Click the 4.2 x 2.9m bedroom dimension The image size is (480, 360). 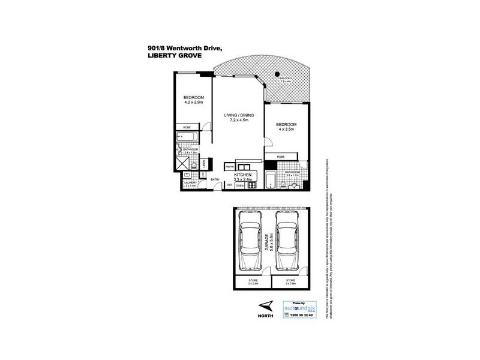pyautogui.click(x=194, y=101)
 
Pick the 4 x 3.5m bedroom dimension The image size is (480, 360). pyautogui.click(x=286, y=129)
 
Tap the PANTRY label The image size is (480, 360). pyautogui.click(x=229, y=167)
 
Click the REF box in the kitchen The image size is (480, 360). pyautogui.click(x=230, y=185)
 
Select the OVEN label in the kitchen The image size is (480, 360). pyautogui.click(x=239, y=185)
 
